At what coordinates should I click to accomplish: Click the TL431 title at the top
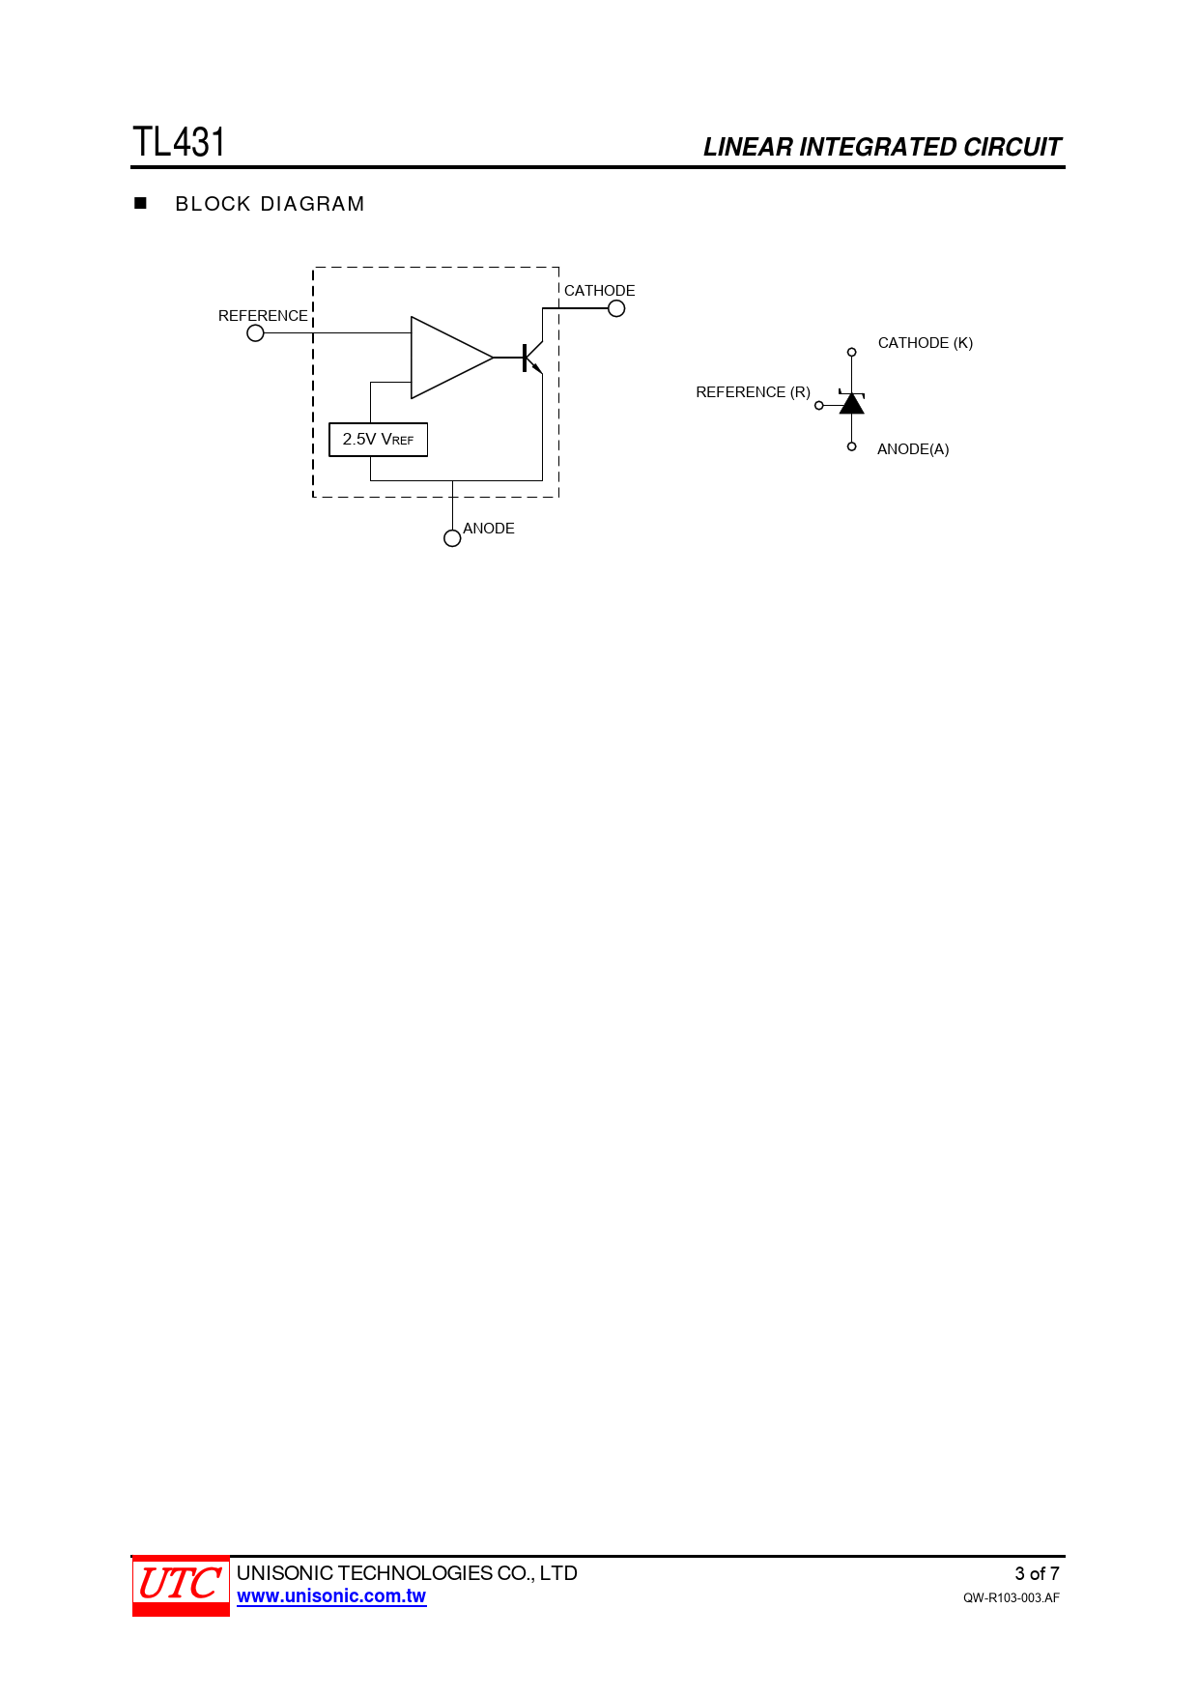[179, 142]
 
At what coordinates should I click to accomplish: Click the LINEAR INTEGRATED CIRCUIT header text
[882, 147]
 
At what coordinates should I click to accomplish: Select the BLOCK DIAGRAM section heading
[270, 204]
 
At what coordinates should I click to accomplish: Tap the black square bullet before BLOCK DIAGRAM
[140, 203]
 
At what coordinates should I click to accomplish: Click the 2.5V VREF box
[378, 440]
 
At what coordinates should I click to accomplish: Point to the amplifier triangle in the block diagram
[451, 358]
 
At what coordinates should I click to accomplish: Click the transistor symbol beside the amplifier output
[531, 357]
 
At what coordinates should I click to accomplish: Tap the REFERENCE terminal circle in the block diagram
[255, 333]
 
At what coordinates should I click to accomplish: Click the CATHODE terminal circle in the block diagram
[616, 308]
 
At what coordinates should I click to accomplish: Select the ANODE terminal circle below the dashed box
[452, 538]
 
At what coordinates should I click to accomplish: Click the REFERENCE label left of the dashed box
[263, 316]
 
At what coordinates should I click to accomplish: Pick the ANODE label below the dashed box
[489, 529]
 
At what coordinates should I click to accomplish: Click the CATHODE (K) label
[926, 343]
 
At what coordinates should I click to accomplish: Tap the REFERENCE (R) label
[754, 392]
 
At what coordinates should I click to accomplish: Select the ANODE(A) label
[913, 449]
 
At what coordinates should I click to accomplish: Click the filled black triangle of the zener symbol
[851, 404]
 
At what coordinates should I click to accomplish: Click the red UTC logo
[181, 1586]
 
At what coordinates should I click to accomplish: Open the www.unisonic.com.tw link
[331, 1596]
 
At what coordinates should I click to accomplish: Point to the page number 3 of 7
[1037, 1573]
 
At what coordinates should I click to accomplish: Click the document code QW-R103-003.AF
[1012, 1598]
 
